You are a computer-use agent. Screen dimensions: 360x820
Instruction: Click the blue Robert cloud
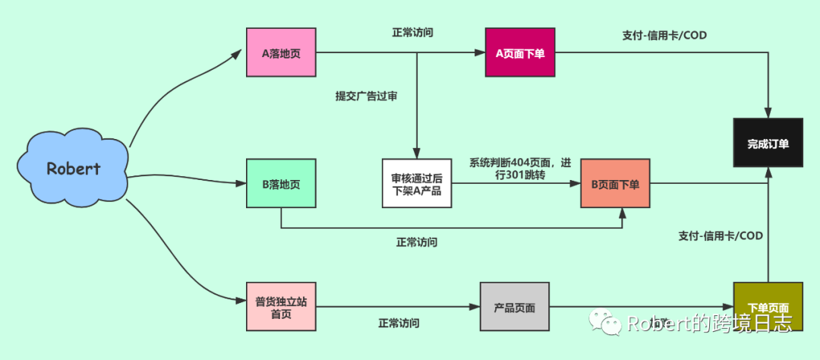[x=72, y=168]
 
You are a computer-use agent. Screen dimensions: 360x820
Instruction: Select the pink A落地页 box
[x=281, y=52]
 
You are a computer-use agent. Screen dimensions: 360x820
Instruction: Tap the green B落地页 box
[x=281, y=183]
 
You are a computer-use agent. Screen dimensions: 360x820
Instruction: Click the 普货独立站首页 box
[x=281, y=307]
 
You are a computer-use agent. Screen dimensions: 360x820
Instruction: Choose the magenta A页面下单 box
[x=520, y=52]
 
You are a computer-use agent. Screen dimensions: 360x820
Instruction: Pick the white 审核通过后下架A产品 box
[x=417, y=183]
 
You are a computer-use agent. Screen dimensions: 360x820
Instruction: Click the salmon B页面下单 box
[x=615, y=184]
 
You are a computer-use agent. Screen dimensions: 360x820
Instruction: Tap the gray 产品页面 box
[x=515, y=307]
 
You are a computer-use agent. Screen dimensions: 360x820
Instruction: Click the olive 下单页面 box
[x=768, y=306]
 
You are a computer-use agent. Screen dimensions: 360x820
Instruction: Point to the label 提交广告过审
[x=366, y=96]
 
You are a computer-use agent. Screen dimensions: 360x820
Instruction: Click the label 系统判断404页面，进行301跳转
[x=519, y=169]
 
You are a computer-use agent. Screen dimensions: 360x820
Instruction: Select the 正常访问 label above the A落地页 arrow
[x=413, y=33]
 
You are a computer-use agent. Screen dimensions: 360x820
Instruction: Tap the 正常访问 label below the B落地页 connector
[x=416, y=242]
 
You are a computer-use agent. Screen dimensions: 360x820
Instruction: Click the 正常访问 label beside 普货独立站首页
[x=399, y=323]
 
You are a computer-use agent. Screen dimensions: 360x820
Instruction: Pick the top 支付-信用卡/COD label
[x=664, y=35]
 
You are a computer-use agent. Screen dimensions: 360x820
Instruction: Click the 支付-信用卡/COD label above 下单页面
[x=721, y=235]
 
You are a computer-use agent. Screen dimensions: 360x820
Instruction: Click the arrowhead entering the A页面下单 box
[x=481, y=52]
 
